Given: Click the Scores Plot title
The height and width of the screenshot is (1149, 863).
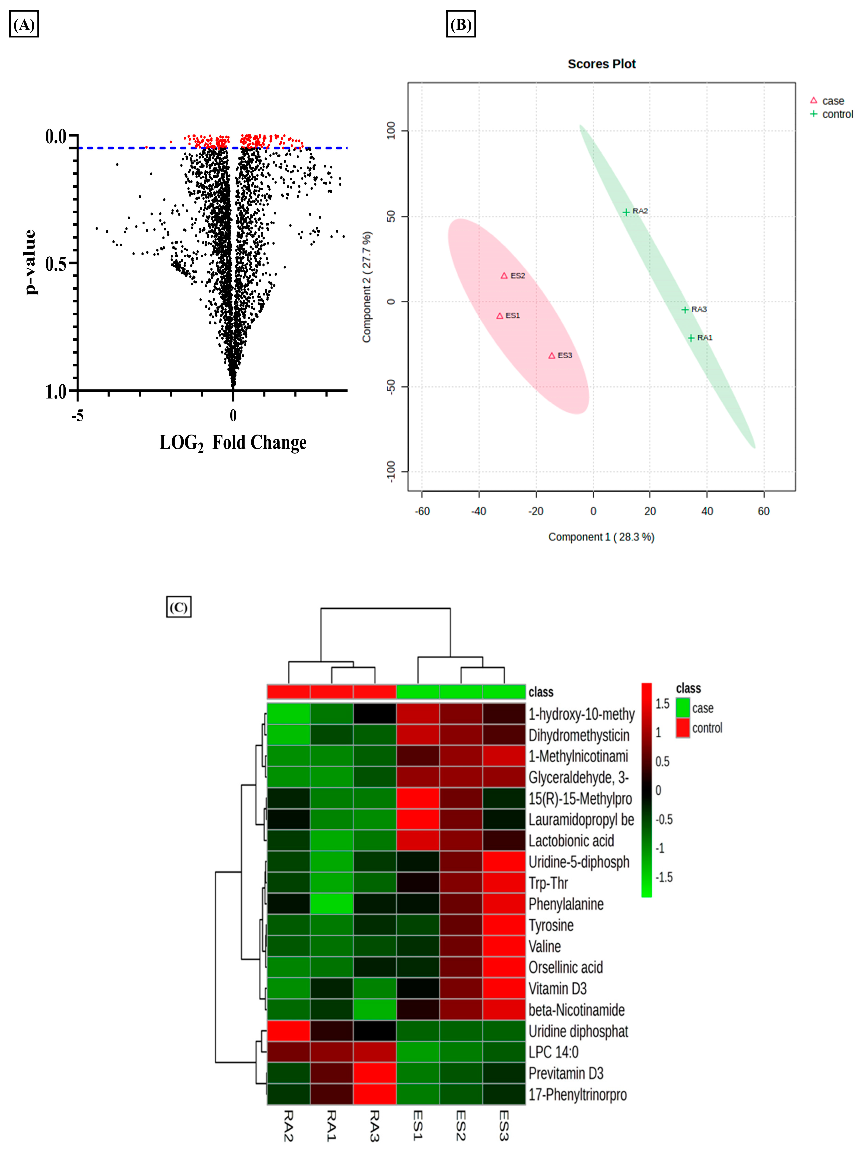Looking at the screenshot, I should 601,64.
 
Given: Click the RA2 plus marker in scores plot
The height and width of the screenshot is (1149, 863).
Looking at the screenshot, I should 626,212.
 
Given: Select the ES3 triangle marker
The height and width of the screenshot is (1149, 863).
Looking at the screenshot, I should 552,356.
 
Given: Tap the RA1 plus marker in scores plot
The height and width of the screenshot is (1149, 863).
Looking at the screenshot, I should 691,338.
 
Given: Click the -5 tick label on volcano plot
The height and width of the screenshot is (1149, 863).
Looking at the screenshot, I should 78,415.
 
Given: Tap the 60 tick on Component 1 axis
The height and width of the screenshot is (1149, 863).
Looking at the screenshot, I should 763,511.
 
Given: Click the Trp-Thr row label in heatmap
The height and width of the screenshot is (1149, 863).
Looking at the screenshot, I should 548,883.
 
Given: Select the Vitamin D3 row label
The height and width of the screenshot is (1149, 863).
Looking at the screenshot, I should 558,988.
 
